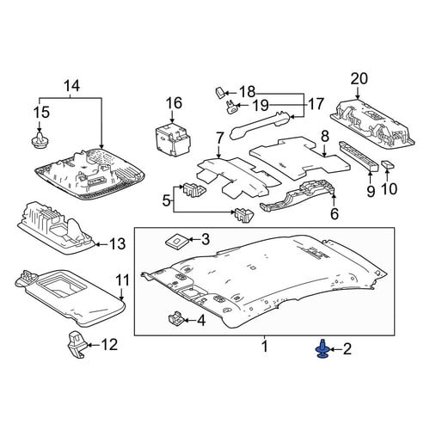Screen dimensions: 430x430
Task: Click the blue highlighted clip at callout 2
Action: pos(322,349)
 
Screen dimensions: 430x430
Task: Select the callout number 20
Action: pos(359,78)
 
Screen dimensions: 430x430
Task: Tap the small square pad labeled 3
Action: pos(176,241)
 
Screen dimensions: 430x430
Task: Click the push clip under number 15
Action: pos(40,140)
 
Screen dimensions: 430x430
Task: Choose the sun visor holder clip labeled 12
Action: pos(77,345)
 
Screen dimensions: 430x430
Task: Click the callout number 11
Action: pos(123,280)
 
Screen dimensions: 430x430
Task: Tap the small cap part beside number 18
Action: pos(220,93)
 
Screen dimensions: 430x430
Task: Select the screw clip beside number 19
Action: pos(231,107)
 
